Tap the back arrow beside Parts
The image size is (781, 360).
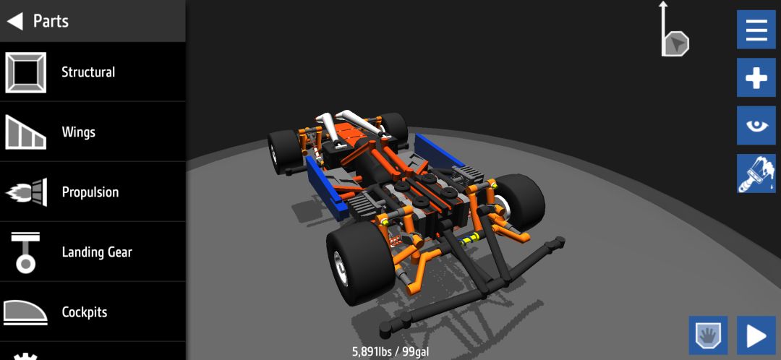(14, 21)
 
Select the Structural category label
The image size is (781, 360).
(88, 72)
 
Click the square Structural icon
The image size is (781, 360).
(26, 72)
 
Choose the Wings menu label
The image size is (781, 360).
(78, 132)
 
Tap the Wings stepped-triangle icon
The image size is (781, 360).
(26, 132)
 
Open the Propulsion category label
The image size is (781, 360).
(90, 192)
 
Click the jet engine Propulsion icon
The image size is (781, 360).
(27, 192)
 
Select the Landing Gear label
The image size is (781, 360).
(97, 252)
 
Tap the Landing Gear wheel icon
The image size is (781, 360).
(25, 253)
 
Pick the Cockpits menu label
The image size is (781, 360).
(84, 312)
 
